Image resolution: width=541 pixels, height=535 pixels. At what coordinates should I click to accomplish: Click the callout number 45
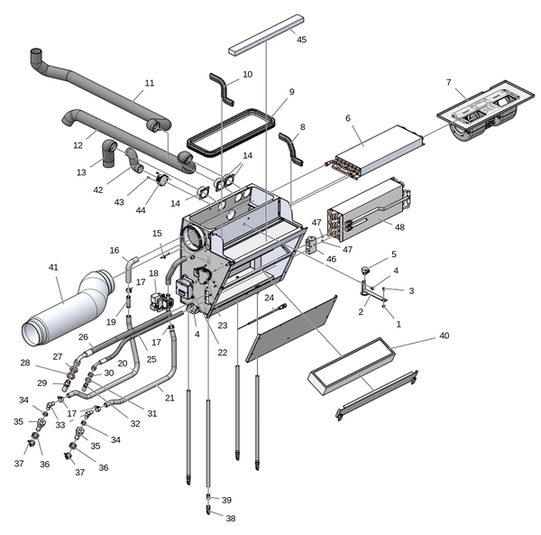(x=301, y=40)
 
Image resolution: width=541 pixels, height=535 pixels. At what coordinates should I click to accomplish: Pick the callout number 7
(x=449, y=83)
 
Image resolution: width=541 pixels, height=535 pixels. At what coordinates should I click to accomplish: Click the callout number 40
(x=443, y=336)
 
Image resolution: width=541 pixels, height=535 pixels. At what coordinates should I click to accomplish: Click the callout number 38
(x=230, y=519)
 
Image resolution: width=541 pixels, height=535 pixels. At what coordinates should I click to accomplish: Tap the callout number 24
(x=269, y=297)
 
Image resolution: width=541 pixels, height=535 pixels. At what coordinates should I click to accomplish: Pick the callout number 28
(x=25, y=363)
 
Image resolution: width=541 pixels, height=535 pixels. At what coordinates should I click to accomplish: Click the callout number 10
(x=247, y=74)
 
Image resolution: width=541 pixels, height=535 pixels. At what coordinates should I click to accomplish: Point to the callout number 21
(x=169, y=397)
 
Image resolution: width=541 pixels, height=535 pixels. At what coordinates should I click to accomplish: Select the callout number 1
(x=399, y=324)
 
